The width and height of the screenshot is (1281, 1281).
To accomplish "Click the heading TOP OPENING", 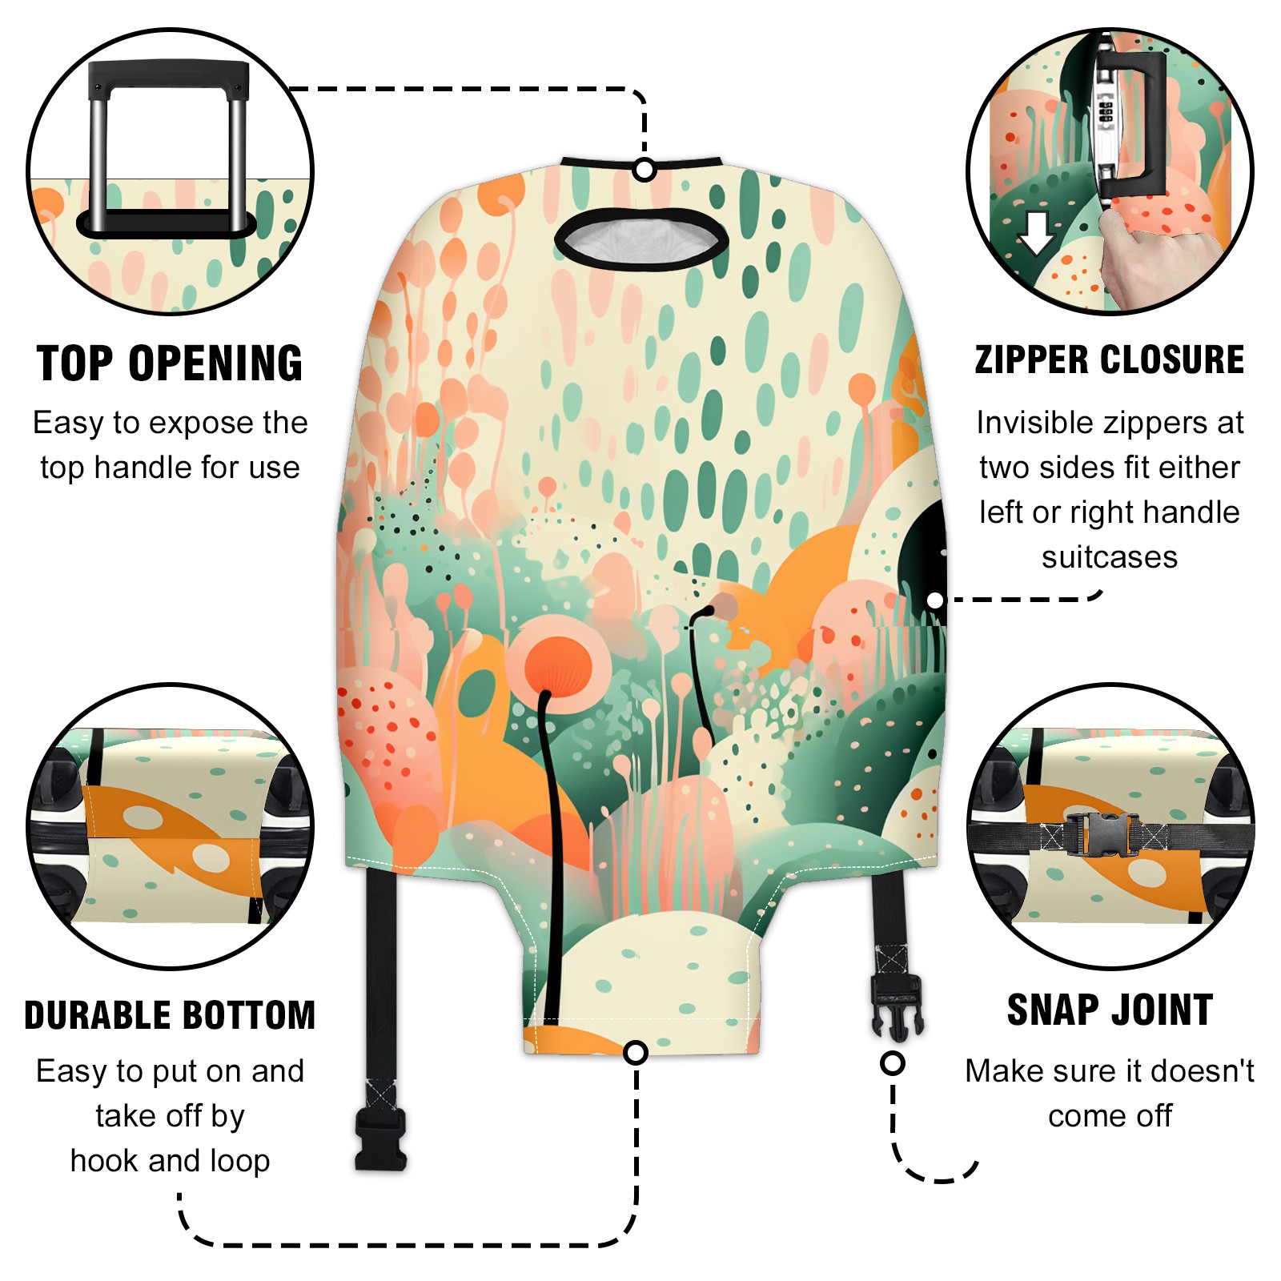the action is pos(170,363).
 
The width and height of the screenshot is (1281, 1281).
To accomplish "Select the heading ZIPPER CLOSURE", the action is pos(1110,359).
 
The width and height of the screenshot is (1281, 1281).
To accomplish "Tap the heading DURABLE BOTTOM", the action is pos(170,1015).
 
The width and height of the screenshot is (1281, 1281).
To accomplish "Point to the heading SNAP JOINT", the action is pos(1110,1010).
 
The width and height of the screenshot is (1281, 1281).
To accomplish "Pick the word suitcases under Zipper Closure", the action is pos(1110,557).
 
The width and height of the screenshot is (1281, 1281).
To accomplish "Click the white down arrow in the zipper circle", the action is pos(1036,233).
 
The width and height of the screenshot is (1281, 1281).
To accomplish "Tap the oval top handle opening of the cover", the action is pos(641,239).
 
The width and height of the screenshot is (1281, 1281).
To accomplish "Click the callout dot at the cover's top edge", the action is pos(645,170).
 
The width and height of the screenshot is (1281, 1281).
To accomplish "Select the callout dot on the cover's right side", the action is pos(935,600).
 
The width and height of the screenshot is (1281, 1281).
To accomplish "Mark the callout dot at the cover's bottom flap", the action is pos(636,1052).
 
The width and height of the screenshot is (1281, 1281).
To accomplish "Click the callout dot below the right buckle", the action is pos(893,1063).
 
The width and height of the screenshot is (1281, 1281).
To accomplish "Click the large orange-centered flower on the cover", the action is pos(560,664).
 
